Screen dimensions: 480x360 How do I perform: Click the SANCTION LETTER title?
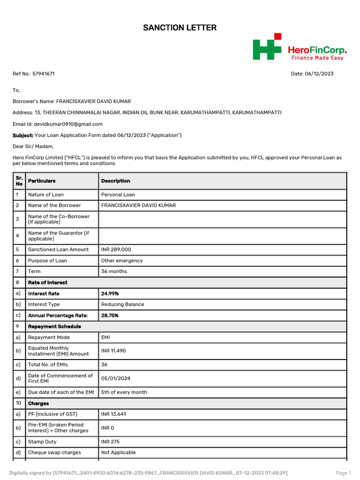tap(180, 28)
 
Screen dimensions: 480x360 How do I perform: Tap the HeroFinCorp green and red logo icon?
tap(267, 46)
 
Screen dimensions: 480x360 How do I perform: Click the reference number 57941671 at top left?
tap(44, 74)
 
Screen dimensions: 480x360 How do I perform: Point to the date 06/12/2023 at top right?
tap(319, 74)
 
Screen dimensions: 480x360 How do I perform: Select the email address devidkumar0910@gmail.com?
tap(68, 124)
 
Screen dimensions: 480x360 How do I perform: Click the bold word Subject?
tap(22, 135)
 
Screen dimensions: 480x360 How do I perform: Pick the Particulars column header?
tap(42, 181)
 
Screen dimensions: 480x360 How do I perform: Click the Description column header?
tap(116, 181)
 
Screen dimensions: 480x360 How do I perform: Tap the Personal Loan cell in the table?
tap(118, 195)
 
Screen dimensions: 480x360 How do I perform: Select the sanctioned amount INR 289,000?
tap(116, 250)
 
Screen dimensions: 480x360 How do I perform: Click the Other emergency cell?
tap(122, 261)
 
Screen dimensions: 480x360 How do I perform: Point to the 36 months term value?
tap(114, 271)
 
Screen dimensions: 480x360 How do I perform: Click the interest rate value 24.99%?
tap(110, 293)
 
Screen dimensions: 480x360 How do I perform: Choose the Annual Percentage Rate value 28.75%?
tap(110, 315)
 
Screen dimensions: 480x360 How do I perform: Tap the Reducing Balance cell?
tap(122, 304)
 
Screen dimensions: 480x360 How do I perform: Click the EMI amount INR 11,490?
tap(113, 351)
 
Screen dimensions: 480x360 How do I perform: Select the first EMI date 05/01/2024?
tap(114, 378)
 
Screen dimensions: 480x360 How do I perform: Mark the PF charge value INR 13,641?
tap(113, 414)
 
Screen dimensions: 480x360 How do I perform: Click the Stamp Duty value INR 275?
tap(111, 442)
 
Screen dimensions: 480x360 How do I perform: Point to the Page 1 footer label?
tap(343, 473)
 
